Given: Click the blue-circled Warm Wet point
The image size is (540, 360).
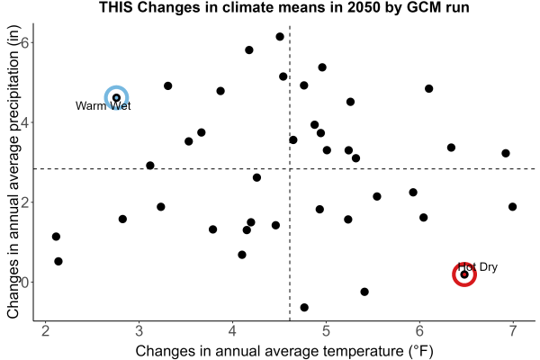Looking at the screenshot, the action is point(116,98).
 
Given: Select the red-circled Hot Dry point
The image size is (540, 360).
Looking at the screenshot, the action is point(464,274).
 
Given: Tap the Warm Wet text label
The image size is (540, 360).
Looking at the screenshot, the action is point(103,106).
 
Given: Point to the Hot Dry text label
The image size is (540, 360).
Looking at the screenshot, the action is point(478,267).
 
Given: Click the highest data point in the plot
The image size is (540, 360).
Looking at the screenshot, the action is point(280,37).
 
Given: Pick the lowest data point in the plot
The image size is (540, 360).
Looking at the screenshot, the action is point(304,307).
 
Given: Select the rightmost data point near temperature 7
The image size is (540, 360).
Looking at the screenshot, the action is point(512,207).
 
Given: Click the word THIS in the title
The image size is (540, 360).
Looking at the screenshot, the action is point(116,7).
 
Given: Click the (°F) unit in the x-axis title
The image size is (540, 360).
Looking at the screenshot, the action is point(420,351).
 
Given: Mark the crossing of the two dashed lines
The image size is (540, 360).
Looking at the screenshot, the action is point(290,169).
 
